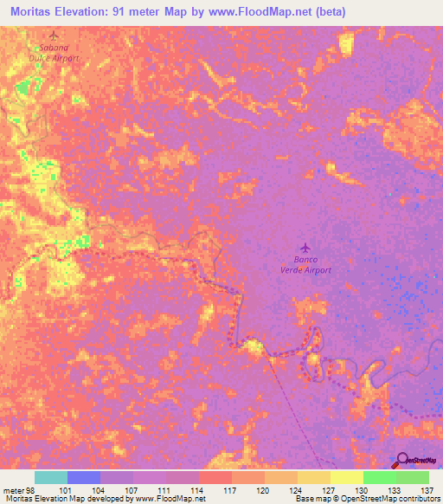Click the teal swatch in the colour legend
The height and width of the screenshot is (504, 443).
tap(51, 477)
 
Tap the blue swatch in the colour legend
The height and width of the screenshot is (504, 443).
tap(84, 477)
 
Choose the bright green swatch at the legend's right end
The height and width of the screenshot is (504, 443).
tap(413, 477)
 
